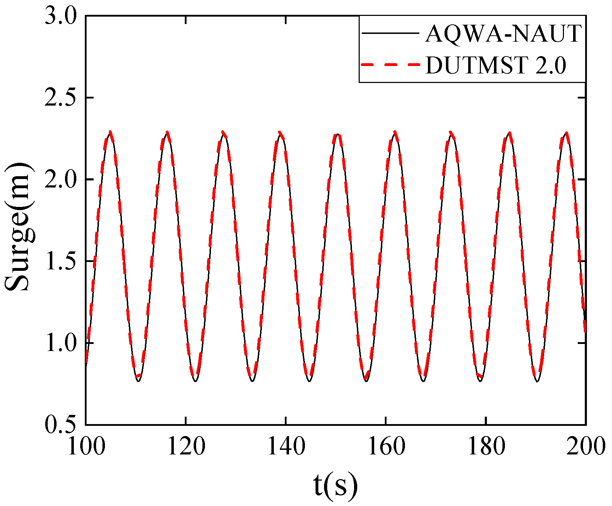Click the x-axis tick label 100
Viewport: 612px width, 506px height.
coord(86,447)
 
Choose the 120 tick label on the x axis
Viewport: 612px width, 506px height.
coord(186,447)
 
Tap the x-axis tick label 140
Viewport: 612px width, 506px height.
coord(286,447)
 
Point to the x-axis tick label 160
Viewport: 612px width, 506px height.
coord(386,447)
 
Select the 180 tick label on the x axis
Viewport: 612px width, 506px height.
coord(486,447)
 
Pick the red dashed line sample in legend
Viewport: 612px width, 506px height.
coord(390,65)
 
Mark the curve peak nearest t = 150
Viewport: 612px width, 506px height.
coord(337,134)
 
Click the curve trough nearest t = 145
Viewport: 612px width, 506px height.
coord(310,381)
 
